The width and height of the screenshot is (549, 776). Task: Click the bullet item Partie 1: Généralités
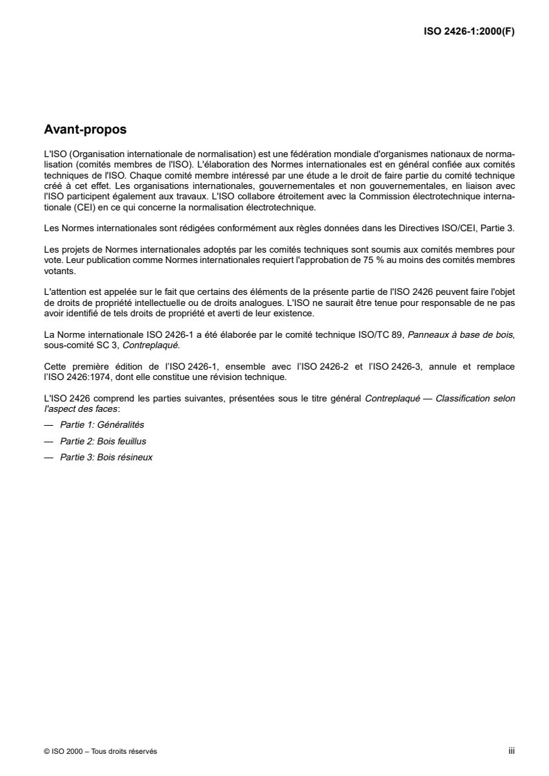[x=102, y=424]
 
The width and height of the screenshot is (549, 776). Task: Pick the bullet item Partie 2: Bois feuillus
[x=103, y=441]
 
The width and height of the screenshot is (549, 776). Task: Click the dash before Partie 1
[x=48, y=424]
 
